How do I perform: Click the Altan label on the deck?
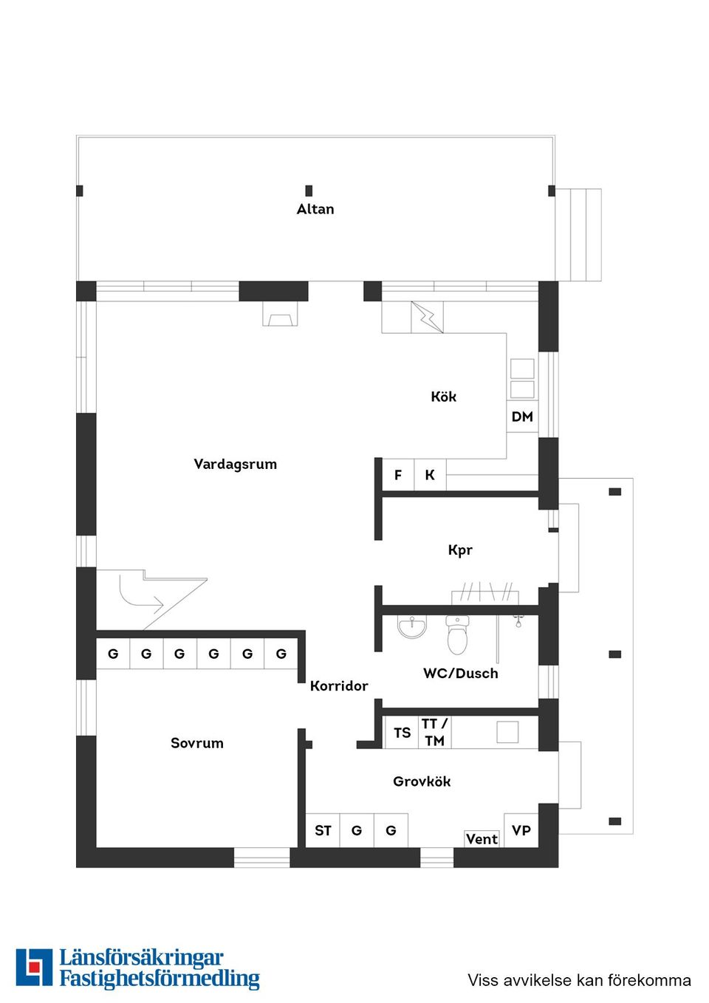[x=315, y=209]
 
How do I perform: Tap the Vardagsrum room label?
[x=235, y=464]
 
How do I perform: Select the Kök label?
[x=443, y=397]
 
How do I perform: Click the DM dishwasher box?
[x=522, y=417]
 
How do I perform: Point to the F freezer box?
[x=398, y=475]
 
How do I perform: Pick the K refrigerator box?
[x=430, y=475]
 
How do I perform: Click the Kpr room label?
[x=459, y=550]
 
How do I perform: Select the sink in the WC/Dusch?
[x=411, y=627]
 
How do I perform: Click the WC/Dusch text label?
[x=460, y=674]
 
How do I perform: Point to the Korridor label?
[x=339, y=686]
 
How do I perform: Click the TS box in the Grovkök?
[x=402, y=733]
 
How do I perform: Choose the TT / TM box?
[x=434, y=732]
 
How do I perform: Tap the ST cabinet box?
[x=323, y=831]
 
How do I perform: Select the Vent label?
[x=482, y=839]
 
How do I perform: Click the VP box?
[x=521, y=830]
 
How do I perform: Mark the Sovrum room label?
[x=196, y=743]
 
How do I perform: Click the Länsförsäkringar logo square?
[x=34, y=968]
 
